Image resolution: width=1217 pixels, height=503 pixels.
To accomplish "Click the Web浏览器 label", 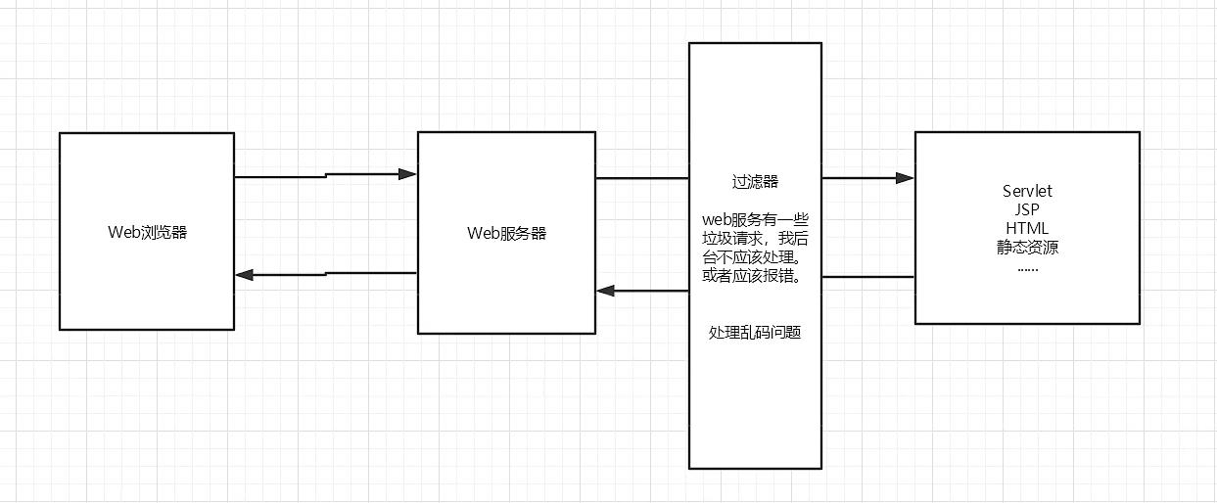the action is (x=147, y=233).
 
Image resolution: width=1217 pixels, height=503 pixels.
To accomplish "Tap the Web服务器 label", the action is (x=506, y=233).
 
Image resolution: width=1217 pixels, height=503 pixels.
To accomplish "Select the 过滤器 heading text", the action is (x=755, y=181).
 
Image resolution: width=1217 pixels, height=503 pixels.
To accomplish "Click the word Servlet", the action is (x=1027, y=191).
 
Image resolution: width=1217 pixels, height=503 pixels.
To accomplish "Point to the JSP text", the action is (x=1027, y=209).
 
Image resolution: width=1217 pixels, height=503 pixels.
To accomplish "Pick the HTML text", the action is (x=1027, y=228).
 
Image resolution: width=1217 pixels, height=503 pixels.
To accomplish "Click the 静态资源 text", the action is (x=1027, y=248).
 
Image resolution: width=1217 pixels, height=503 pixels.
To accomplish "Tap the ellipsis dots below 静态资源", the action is (x=1027, y=269).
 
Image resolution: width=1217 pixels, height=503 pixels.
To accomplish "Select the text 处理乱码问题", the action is (x=755, y=332).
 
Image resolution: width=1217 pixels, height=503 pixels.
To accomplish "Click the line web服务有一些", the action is (x=755, y=219).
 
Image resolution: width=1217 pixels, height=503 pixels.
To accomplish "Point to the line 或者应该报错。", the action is (x=751, y=275).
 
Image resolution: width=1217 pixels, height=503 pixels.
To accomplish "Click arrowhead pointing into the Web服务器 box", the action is (x=407, y=174).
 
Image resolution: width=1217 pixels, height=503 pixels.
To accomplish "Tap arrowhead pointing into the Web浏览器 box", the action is (x=245, y=275).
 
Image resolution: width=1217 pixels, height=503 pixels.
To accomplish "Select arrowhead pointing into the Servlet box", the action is (x=905, y=178).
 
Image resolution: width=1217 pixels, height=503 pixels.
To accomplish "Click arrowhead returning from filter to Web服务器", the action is (x=606, y=291).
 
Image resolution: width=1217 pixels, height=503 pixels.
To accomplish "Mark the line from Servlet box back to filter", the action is (x=868, y=277).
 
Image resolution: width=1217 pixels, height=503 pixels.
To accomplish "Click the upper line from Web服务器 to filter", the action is (x=642, y=178).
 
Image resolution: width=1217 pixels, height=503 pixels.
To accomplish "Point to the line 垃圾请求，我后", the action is (x=755, y=238).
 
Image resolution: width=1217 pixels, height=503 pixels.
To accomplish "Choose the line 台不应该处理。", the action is (x=751, y=256).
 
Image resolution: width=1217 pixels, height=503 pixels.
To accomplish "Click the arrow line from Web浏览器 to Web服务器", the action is (x=326, y=175).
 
